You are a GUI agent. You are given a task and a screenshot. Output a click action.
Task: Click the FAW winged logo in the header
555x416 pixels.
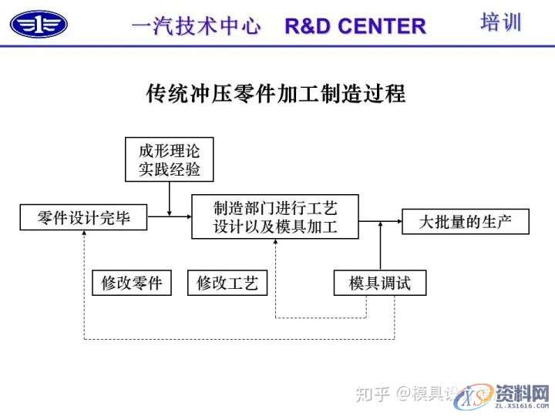pyautogui.click(x=39, y=23)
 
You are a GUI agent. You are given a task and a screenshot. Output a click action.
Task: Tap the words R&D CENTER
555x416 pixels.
pyautogui.click(x=355, y=26)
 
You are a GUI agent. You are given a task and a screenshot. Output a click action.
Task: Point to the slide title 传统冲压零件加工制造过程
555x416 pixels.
pyautogui.click(x=276, y=94)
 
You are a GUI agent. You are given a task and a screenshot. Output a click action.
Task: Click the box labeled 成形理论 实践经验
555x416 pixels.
pyautogui.click(x=169, y=159)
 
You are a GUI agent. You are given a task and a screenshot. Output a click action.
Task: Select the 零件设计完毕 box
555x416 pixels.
pyautogui.click(x=83, y=218)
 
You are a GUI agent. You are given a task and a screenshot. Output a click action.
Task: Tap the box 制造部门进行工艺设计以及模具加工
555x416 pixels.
pyautogui.click(x=275, y=216)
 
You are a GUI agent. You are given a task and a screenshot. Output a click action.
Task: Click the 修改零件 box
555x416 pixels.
pyautogui.click(x=132, y=283)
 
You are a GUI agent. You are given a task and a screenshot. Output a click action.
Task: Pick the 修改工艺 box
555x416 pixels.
pyautogui.click(x=227, y=283)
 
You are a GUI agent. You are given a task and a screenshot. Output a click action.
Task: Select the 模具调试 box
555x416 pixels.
pyautogui.click(x=380, y=283)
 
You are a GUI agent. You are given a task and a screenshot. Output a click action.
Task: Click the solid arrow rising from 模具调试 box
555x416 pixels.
pyautogui.click(x=381, y=247)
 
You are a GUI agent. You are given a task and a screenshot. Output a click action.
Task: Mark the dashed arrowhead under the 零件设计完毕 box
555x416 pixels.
pyautogui.click(x=83, y=234)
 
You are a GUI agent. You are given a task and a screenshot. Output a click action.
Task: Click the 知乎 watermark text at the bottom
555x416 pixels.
pyautogui.click(x=372, y=394)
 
